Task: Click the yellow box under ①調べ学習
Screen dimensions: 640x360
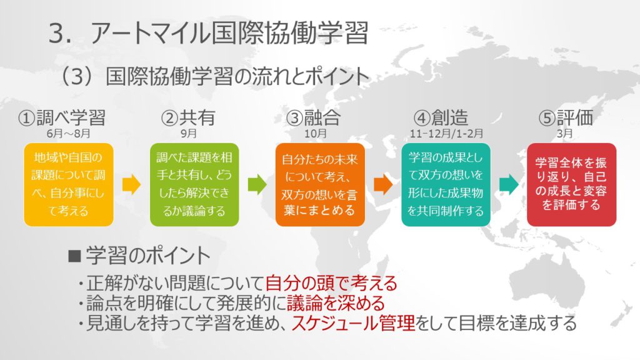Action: click(69, 184)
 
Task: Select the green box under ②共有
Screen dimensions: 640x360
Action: click(194, 184)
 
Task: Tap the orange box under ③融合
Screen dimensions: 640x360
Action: click(320, 184)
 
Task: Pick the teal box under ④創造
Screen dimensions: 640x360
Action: click(446, 184)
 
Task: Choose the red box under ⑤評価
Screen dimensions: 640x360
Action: click(571, 184)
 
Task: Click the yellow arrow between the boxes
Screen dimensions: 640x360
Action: click(131, 184)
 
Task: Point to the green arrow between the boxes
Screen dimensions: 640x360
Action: click(257, 184)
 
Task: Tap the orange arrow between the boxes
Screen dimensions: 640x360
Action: click(383, 184)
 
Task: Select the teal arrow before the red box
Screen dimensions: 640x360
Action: click(509, 184)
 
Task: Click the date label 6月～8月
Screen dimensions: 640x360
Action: click(69, 134)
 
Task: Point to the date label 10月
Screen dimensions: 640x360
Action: click(316, 134)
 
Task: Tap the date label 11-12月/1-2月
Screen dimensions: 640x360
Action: click(446, 134)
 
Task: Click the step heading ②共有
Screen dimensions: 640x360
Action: click(188, 117)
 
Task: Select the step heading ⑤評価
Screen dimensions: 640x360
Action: click(566, 117)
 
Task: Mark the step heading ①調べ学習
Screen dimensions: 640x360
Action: click(62, 117)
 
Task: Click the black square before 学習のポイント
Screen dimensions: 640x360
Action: click(75, 256)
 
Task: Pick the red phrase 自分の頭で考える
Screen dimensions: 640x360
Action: click(331, 282)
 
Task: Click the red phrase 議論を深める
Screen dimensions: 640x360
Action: click(336, 302)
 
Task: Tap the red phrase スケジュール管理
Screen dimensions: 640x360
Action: click(353, 322)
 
